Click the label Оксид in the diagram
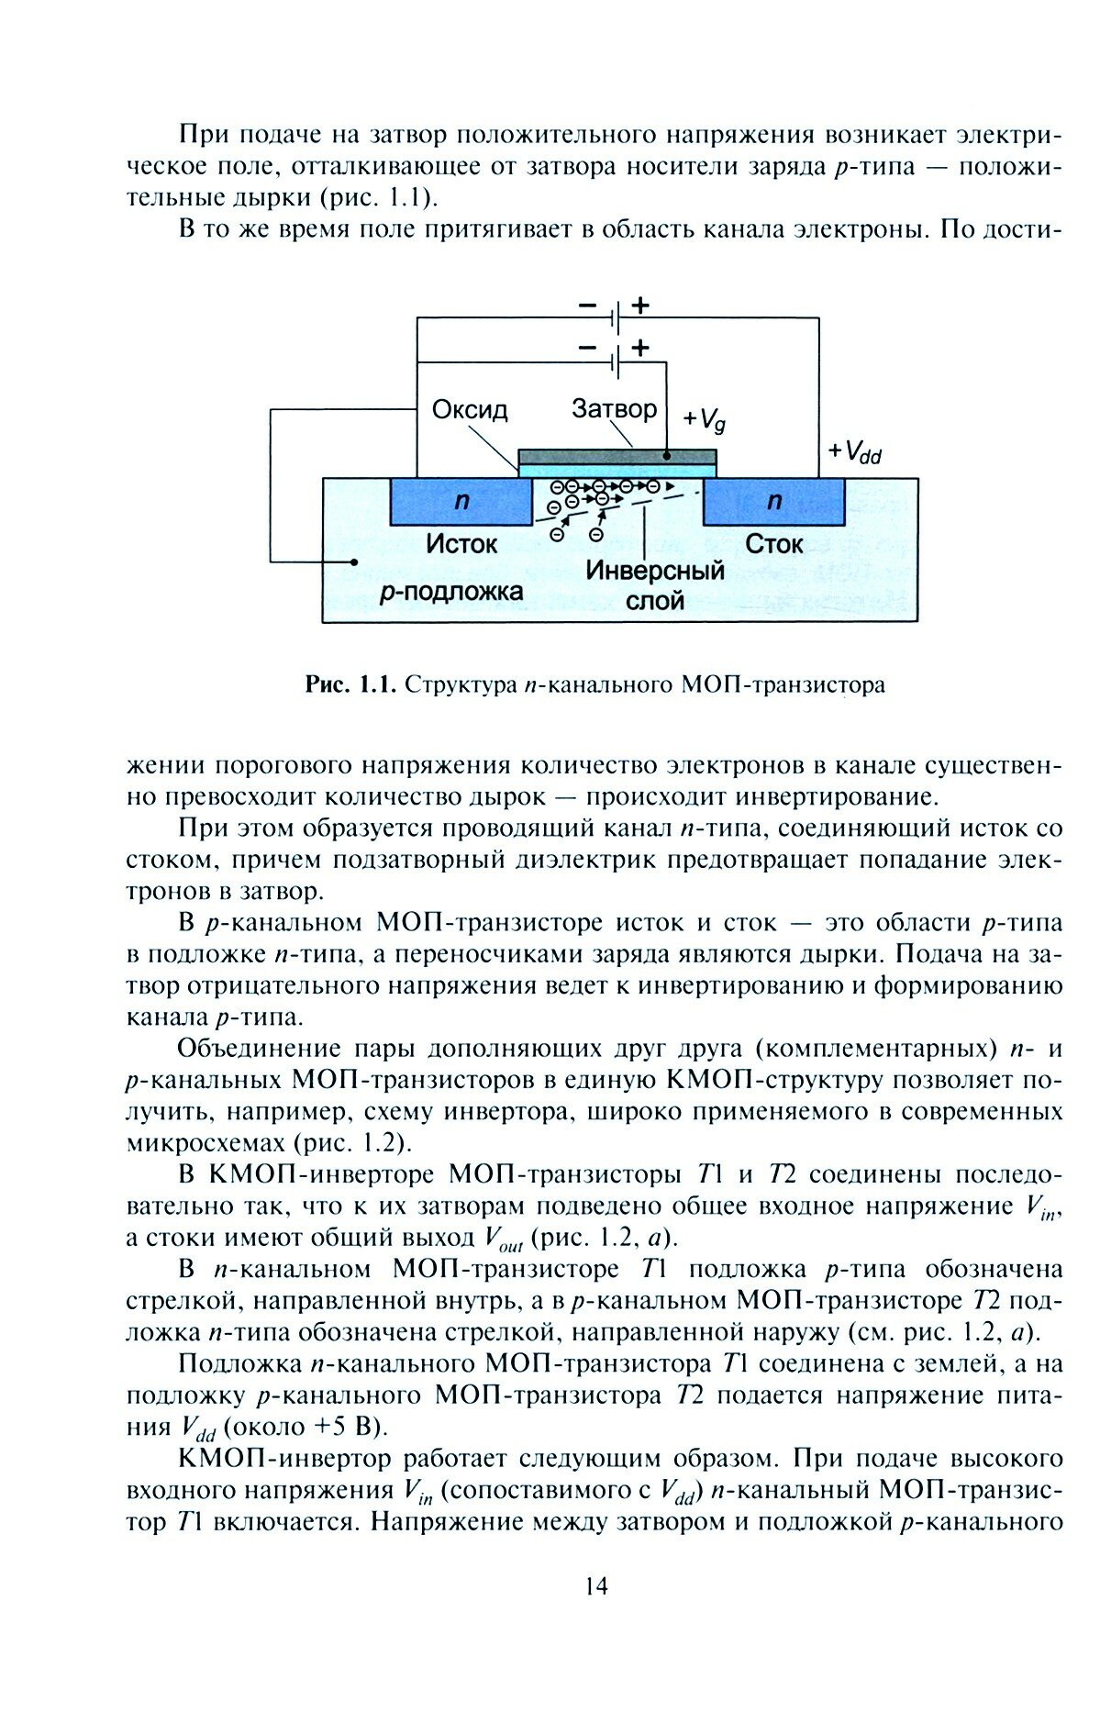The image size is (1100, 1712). tap(470, 409)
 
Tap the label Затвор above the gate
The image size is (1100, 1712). tap(614, 408)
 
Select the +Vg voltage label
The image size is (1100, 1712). tap(705, 419)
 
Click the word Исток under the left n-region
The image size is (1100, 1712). tap(461, 544)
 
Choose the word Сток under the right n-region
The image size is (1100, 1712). tap(773, 544)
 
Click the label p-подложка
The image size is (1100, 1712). tap(451, 592)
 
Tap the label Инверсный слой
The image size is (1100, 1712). tap(655, 584)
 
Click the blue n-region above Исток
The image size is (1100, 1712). tap(461, 502)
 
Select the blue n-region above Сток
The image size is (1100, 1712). tap(774, 502)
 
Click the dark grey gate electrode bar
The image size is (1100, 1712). tap(617, 456)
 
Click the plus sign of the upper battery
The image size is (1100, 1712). tap(640, 306)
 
